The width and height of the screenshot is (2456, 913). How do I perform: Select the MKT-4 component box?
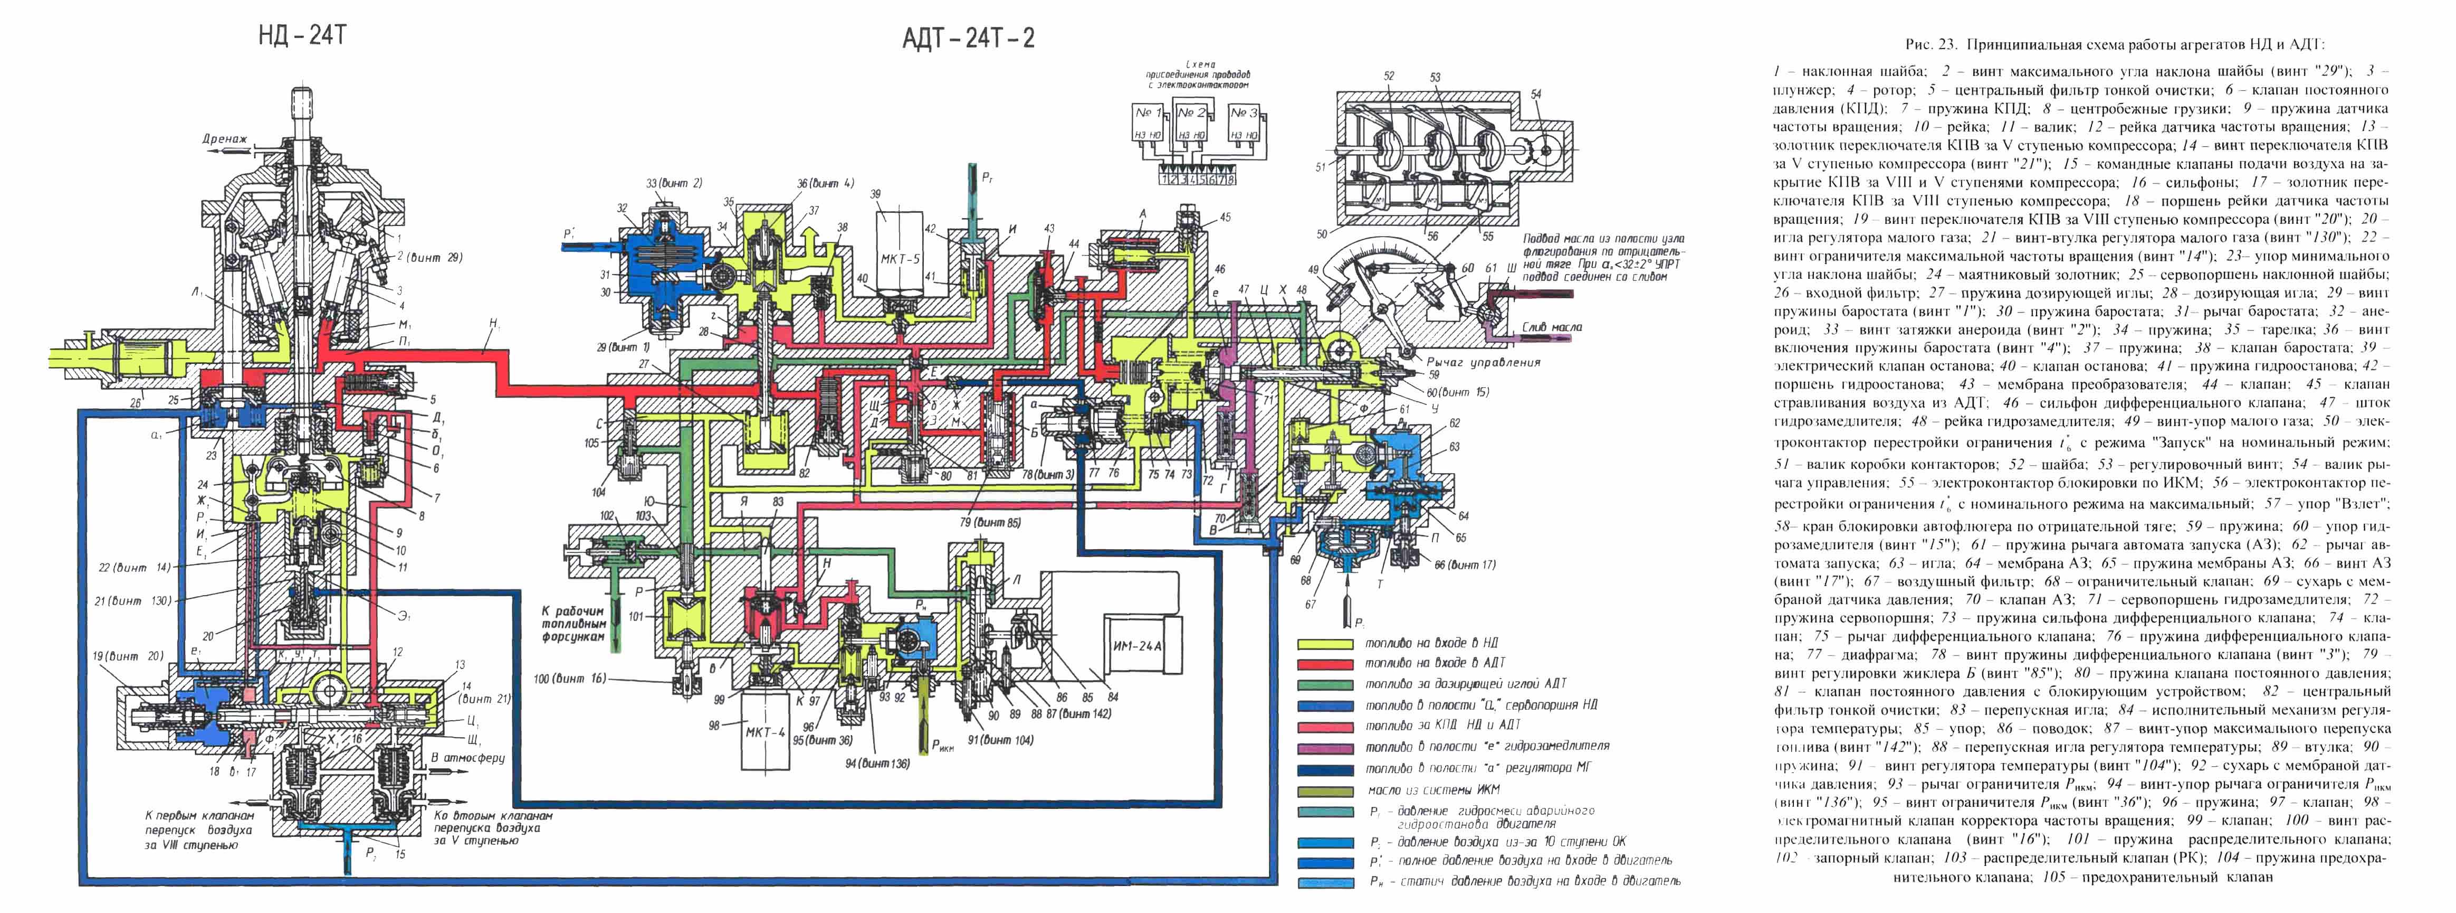[766, 733]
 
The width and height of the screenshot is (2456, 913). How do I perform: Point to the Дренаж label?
[225, 139]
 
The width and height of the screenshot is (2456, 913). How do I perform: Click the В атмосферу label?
[468, 758]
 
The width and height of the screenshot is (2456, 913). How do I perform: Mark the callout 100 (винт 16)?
[570, 679]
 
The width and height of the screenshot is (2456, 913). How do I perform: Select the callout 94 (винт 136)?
[876, 763]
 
